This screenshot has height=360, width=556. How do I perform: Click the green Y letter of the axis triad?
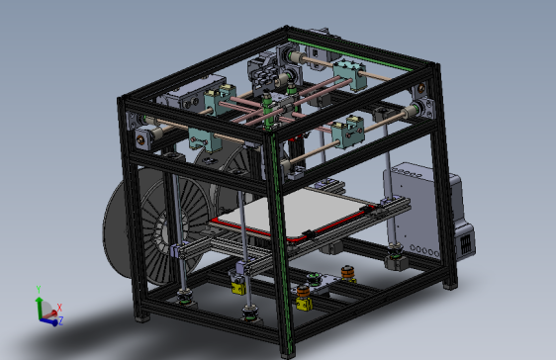click(38, 289)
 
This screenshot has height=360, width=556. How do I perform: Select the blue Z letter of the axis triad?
click(60, 320)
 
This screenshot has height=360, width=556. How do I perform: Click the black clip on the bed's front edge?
click(310, 234)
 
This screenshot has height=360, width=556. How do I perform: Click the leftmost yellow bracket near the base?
click(237, 286)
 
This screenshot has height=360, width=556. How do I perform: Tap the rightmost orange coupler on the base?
click(347, 273)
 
